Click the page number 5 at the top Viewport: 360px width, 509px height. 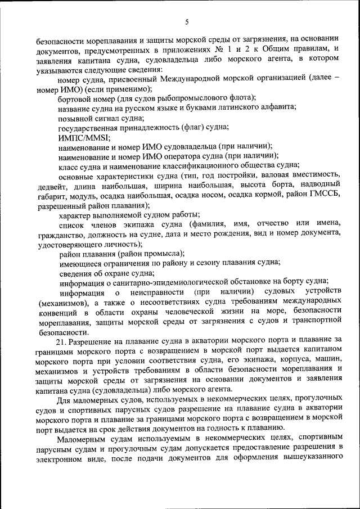coord(187,22)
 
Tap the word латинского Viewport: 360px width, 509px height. coord(243,107)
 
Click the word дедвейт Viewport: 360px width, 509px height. coord(52,185)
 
